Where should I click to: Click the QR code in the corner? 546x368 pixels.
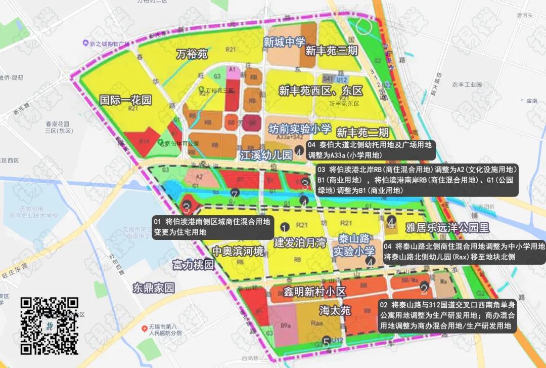(49, 325)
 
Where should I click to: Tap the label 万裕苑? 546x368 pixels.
(192, 54)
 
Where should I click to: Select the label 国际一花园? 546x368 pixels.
(125, 100)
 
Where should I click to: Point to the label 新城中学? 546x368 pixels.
(284, 43)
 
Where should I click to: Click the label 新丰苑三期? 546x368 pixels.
(332, 51)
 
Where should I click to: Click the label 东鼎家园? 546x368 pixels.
(154, 288)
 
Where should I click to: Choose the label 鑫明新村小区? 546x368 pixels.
(307, 292)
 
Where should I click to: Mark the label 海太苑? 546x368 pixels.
(335, 310)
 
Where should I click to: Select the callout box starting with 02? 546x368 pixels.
(447, 316)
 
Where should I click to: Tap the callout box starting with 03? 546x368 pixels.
(417, 180)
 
